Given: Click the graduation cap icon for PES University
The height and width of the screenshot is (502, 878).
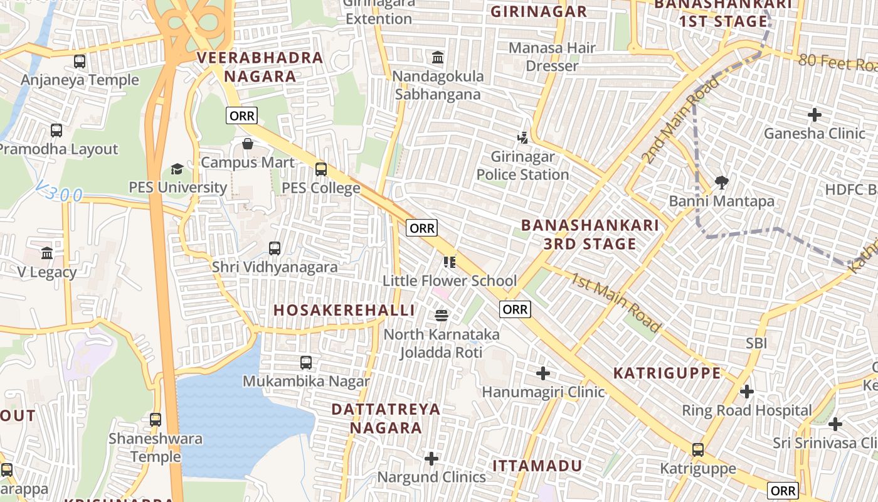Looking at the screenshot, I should (177, 169).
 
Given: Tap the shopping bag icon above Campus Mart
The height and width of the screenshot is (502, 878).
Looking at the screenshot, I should (248, 144).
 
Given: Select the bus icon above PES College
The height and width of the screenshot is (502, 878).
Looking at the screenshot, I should (321, 169).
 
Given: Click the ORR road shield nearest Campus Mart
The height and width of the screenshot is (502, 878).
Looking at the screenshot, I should (241, 115).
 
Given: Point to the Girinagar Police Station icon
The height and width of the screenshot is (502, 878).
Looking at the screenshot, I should (522, 137).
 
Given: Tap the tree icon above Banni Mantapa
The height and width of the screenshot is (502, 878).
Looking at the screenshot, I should (722, 183).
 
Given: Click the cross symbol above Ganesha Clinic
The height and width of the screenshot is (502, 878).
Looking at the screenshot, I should (815, 115).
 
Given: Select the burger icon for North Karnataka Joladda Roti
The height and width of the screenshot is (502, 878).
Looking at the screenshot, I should (442, 315).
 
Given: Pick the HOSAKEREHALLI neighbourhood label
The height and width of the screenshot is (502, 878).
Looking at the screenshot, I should (344, 310).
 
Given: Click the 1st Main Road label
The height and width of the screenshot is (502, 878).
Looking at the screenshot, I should (615, 302).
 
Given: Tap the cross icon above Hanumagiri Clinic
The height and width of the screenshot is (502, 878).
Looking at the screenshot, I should (543, 374).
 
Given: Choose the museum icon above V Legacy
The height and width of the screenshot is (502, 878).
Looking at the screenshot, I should (47, 254).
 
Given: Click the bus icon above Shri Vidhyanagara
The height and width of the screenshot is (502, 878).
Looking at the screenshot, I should (275, 248).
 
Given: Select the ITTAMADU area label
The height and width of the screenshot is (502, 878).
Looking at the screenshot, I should (537, 466).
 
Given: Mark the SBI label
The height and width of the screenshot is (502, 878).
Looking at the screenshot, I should (756, 343).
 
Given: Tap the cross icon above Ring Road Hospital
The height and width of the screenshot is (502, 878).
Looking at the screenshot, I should (746, 392).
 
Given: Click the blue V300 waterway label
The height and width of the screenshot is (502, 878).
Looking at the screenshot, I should (59, 192).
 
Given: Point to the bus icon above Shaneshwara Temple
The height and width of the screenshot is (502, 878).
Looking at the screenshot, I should (156, 420).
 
